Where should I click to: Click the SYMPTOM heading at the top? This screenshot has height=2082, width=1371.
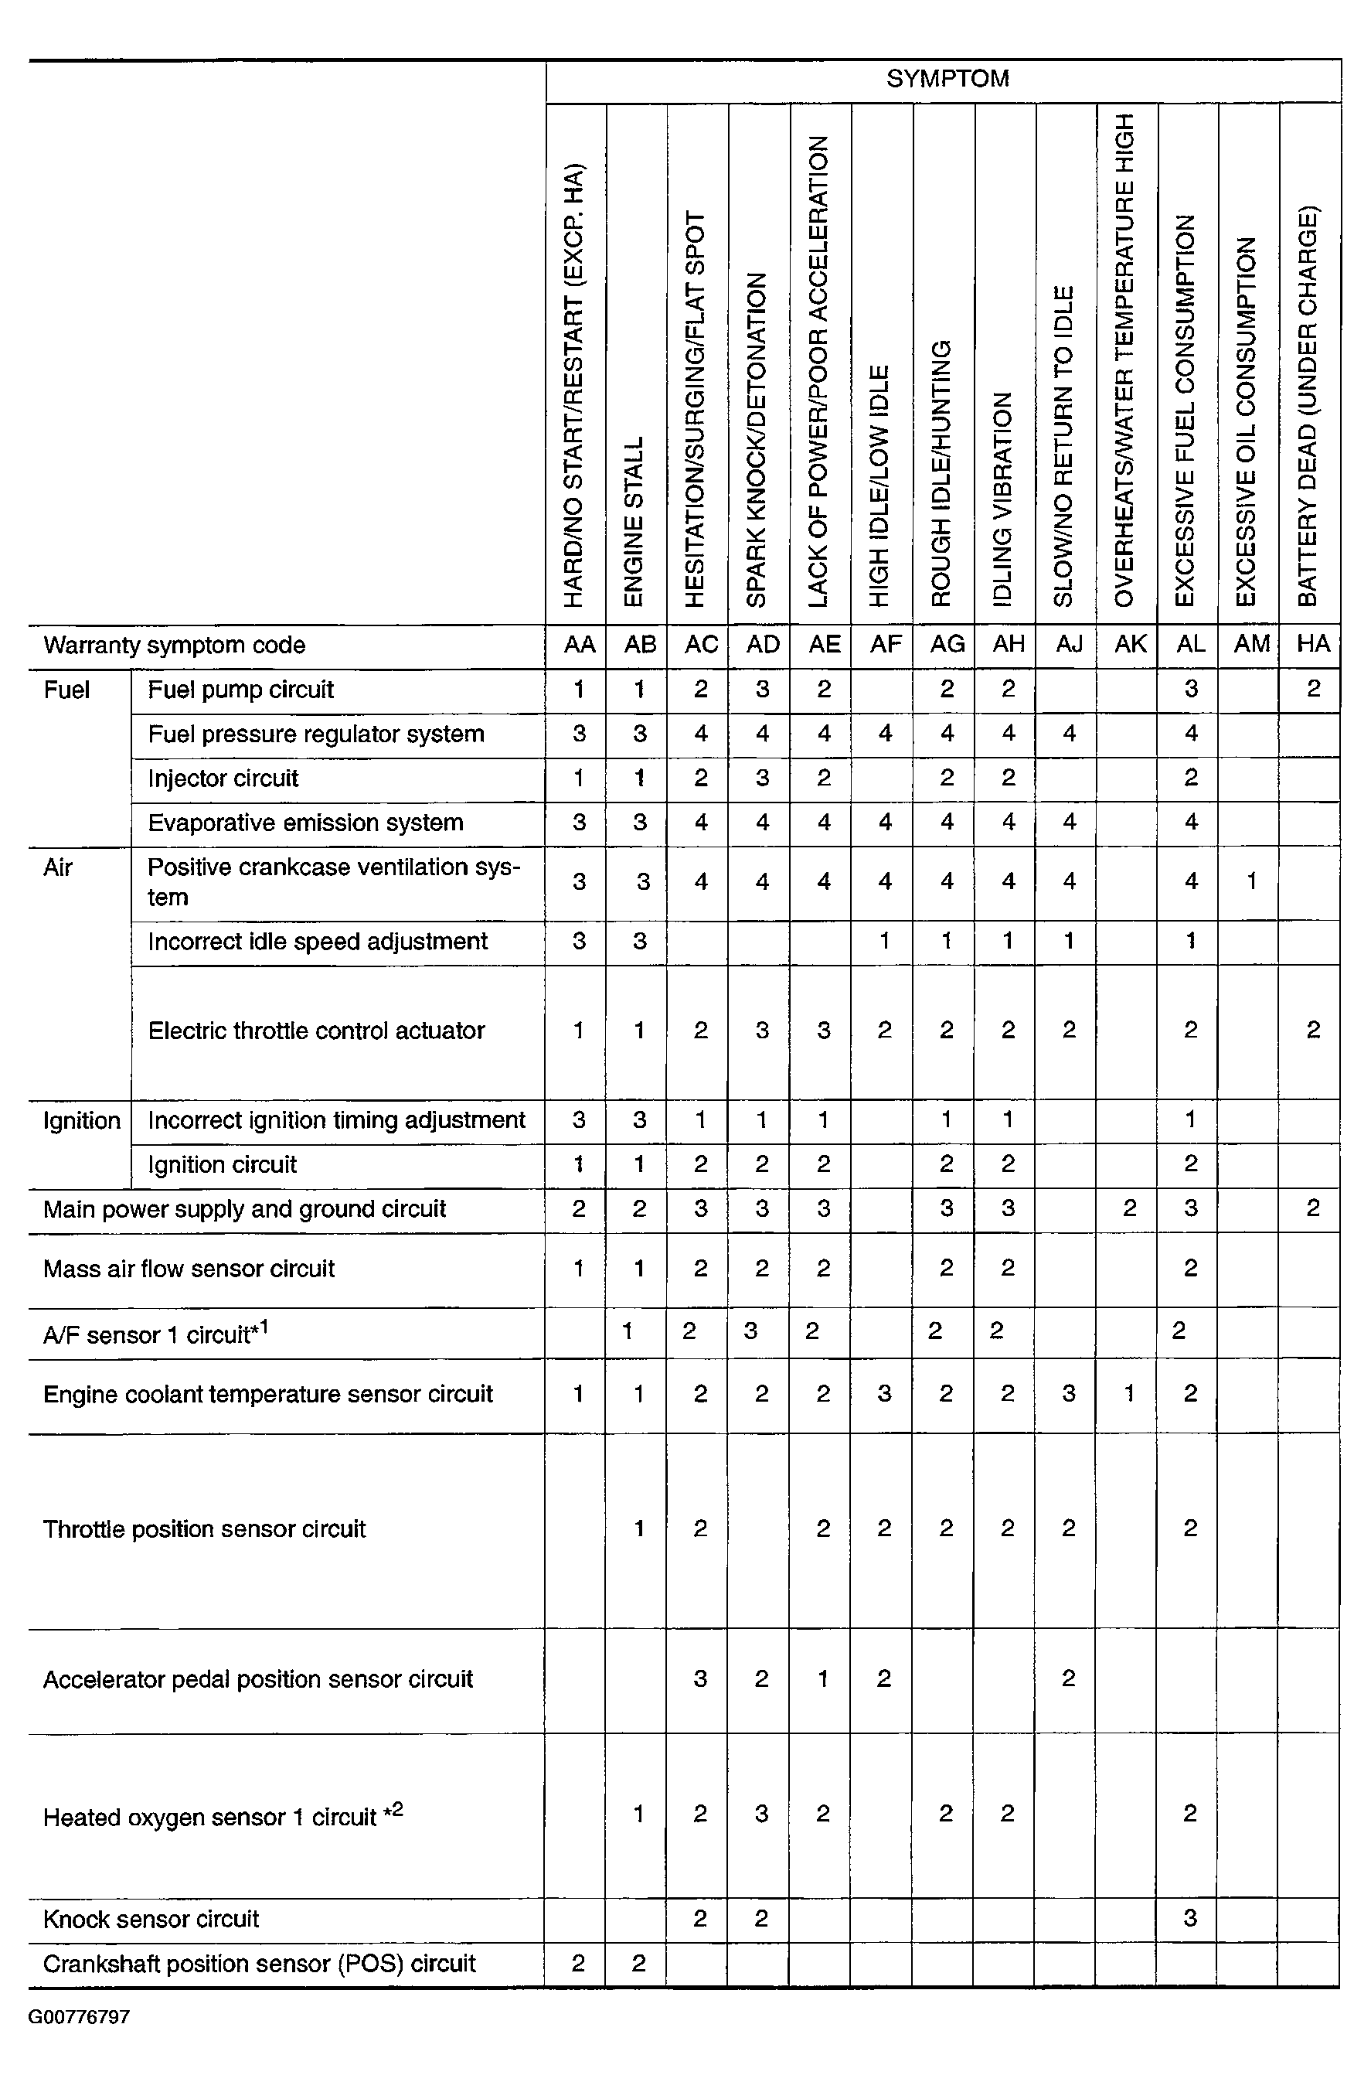tap(947, 79)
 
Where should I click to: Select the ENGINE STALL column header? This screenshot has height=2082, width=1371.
tap(634, 521)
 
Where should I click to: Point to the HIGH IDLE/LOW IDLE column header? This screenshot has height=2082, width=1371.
tap(879, 486)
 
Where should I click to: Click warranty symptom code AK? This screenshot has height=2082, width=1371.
tap(1130, 645)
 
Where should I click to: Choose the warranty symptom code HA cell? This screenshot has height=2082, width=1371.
tap(1312, 645)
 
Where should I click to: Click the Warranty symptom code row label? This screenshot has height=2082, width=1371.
tap(174, 646)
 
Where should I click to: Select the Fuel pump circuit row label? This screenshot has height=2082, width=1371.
tap(240, 690)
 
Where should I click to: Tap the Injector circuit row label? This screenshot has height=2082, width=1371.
tap(223, 779)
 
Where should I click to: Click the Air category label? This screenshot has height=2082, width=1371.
tap(58, 867)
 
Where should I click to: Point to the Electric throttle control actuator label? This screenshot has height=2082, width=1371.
tap(315, 1031)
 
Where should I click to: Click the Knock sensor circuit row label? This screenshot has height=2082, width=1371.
tap(151, 1920)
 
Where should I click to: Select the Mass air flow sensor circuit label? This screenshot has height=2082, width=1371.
tap(189, 1269)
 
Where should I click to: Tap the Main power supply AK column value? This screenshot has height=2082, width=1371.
tap(1130, 1209)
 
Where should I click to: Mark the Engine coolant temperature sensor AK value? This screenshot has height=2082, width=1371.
tap(1130, 1393)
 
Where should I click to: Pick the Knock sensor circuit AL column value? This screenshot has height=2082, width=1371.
tap(1190, 1918)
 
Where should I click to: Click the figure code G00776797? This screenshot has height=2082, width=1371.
tap(80, 2017)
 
